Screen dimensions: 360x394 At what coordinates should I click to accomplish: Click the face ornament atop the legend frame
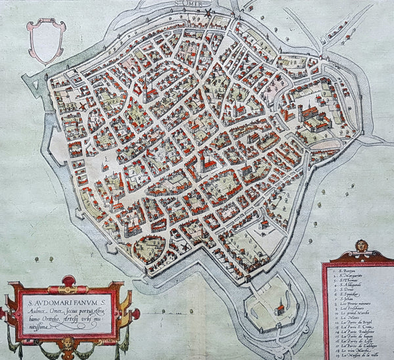(361, 246)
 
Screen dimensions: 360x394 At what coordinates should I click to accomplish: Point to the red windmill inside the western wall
(83, 104)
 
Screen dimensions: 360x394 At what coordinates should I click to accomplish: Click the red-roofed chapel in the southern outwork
(281, 304)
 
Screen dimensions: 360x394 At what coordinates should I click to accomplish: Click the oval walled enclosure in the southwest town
(150, 248)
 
